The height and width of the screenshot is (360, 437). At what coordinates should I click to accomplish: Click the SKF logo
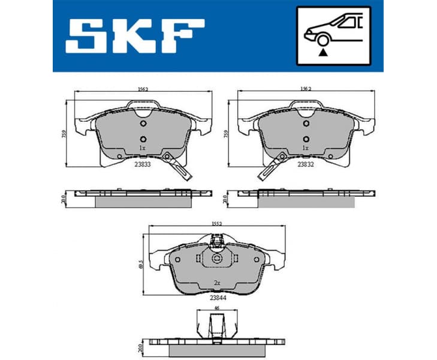[x=135, y=35]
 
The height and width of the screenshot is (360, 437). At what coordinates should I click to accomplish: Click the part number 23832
[x=305, y=162]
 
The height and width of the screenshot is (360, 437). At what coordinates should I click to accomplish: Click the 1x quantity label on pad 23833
[x=142, y=147]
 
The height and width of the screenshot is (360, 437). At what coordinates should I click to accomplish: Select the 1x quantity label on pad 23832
[x=305, y=147]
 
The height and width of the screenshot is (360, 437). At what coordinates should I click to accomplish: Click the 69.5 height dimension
[x=140, y=265]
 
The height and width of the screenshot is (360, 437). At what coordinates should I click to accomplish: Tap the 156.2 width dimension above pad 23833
[x=141, y=89]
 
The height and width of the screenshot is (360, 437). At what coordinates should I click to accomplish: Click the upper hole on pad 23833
[x=142, y=124]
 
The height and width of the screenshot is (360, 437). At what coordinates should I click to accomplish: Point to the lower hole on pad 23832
[x=305, y=139]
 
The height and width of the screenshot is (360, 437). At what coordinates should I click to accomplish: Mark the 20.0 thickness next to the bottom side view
[x=140, y=347]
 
